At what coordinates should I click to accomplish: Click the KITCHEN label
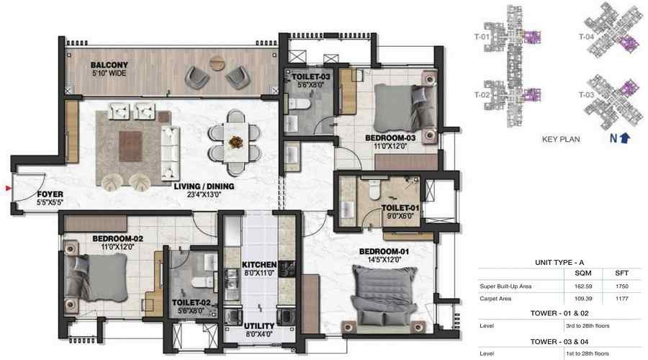click(x=256, y=264)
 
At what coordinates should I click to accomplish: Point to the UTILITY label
click(x=260, y=326)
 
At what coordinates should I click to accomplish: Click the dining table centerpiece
click(x=235, y=140)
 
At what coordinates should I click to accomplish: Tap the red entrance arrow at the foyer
click(x=8, y=189)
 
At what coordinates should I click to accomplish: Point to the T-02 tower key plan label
click(x=482, y=94)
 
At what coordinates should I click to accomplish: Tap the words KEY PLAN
click(x=560, y=140)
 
